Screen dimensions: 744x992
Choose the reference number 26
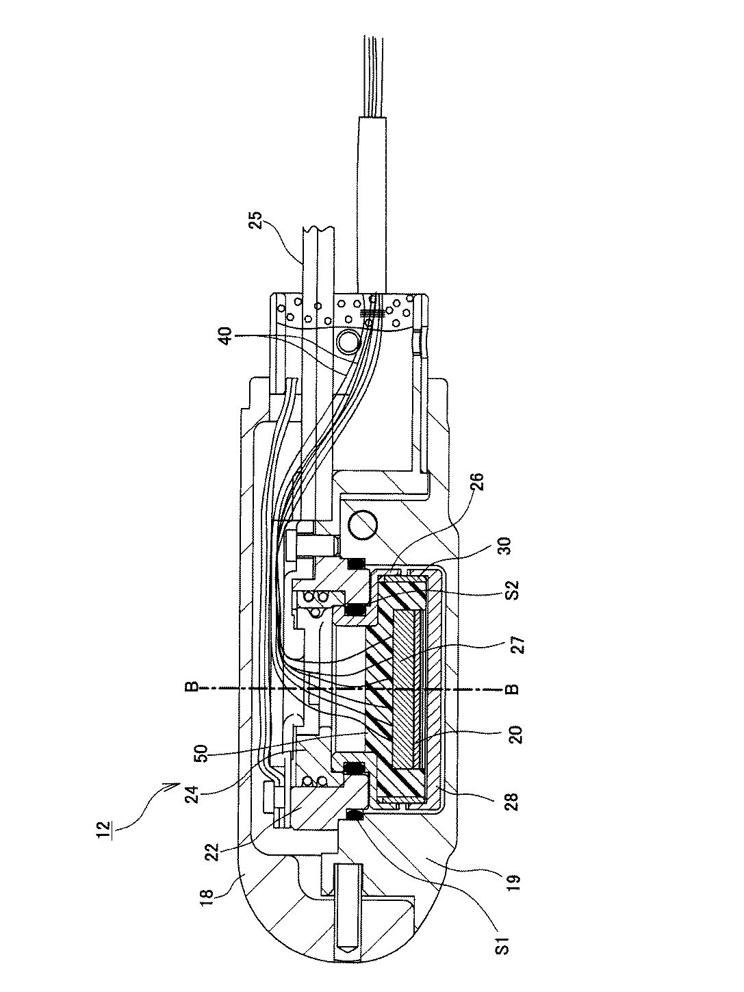click(x=478, y=483)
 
